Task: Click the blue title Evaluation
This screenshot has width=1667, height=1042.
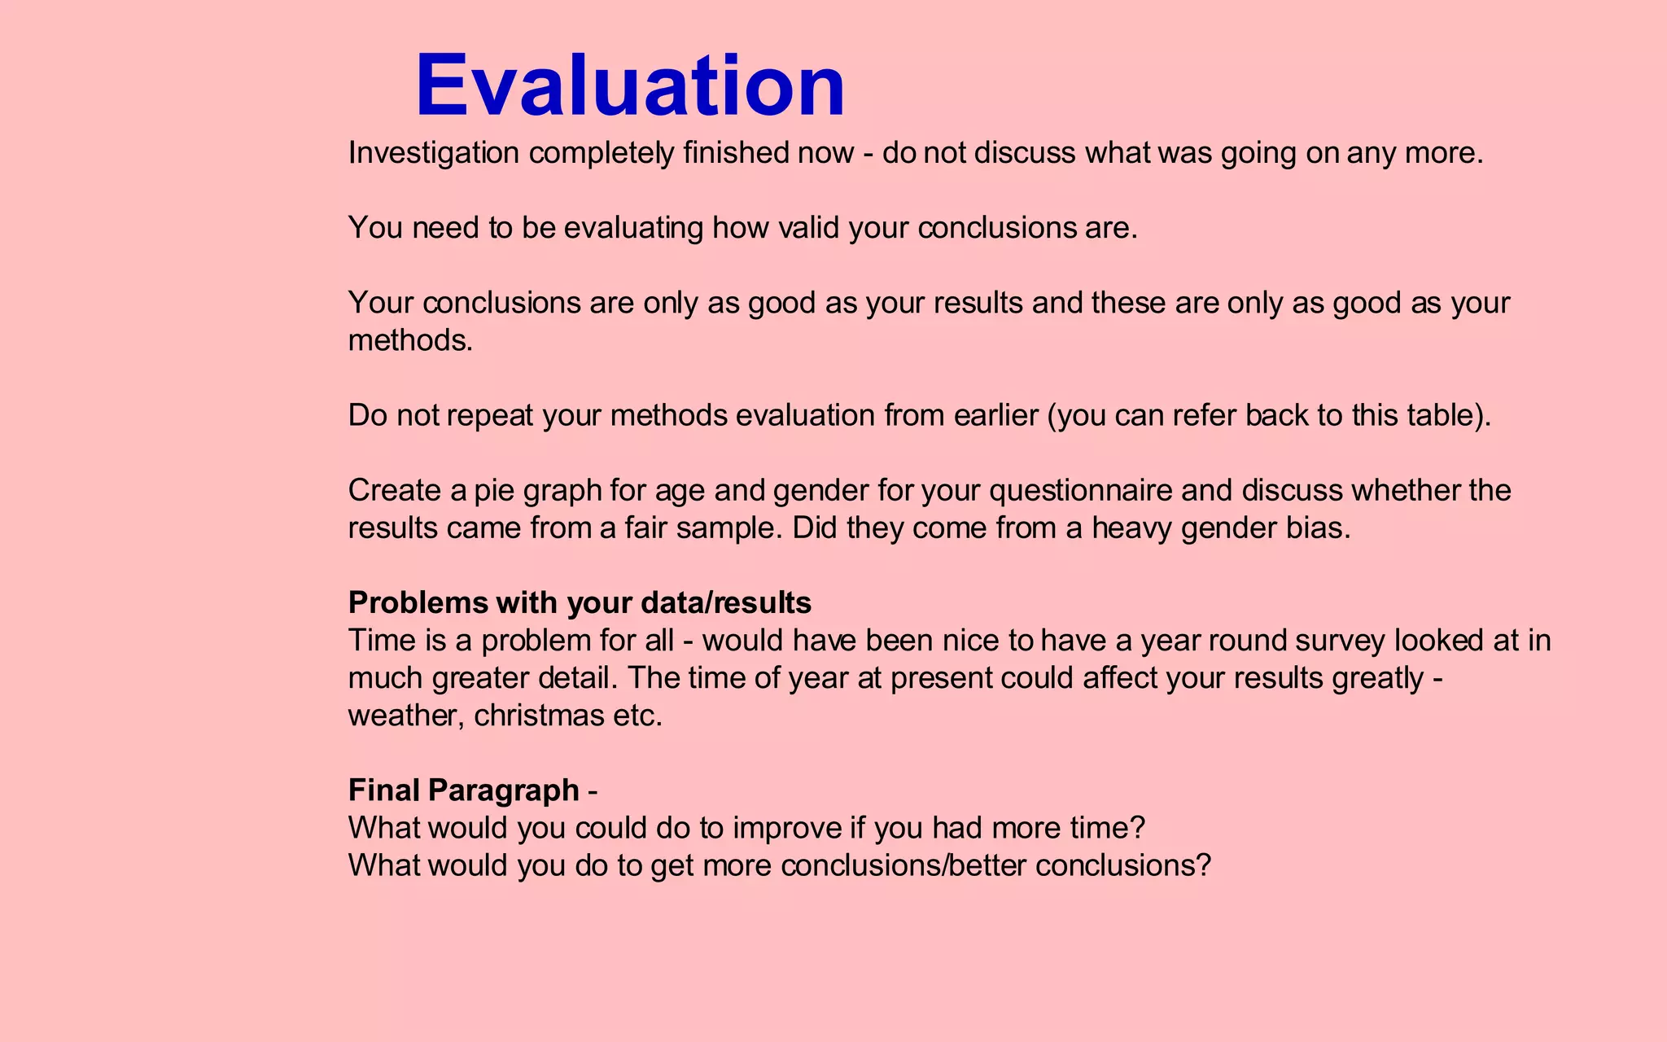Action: point(630,85)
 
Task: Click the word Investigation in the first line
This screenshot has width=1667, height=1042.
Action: point(433,153)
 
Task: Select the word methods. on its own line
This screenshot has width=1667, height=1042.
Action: point(410,340)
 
